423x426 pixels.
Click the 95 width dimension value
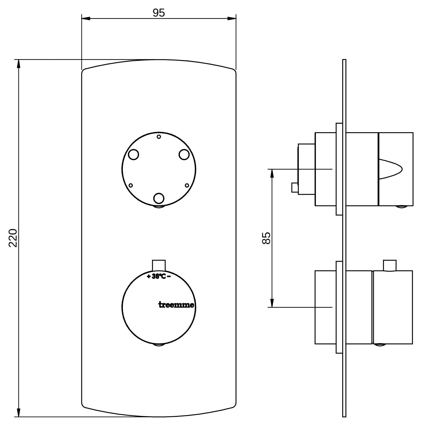pyautogui.click(x=159, y=13)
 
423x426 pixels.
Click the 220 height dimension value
pyautogui.click(x=13, y=238)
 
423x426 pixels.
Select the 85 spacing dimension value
pyautogui.click(x=266, y=238)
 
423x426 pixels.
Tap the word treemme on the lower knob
pyautogui.click(x=176, y=305)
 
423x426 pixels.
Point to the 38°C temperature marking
pyautogui.click(x=159, y=276)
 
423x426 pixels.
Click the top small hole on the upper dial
pyautogui.click(x=159, y=136)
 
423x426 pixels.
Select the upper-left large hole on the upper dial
pyautogui.click(x=134, y=154)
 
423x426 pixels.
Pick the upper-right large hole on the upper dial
pyautogui.click(x=184, y=154)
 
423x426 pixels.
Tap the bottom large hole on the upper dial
pyautogui.click(x=159, y=198)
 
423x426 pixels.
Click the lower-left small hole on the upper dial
pyautogui.click(x=131, y=185)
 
